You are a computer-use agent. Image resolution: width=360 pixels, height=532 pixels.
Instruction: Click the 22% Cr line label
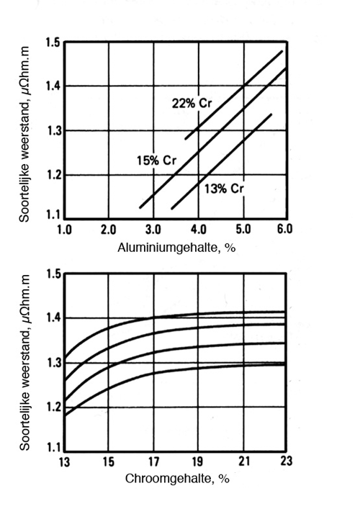192,103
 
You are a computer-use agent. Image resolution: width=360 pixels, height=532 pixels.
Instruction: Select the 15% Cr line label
156,160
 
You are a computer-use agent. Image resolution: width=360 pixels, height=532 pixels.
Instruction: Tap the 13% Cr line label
224,189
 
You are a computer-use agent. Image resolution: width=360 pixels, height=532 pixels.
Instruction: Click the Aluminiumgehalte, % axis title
176,248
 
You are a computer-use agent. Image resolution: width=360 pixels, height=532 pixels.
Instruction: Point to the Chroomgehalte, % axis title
177,479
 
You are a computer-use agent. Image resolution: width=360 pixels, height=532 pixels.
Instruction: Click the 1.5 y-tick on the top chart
53,42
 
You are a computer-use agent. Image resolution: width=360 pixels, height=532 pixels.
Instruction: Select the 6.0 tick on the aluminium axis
284,230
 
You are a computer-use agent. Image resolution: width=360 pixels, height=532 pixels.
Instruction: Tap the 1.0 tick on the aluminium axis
64,230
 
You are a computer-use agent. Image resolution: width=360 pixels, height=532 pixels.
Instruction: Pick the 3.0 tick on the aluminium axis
153,230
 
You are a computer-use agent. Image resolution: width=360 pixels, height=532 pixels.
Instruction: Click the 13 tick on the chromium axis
64,461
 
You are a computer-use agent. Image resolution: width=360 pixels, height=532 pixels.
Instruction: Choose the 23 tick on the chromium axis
286,461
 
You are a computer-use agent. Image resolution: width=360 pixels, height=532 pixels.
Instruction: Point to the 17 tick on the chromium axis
153,461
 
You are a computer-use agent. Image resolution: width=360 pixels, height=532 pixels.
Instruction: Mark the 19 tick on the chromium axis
197,461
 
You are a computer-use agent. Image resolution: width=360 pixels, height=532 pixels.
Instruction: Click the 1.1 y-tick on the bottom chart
53,448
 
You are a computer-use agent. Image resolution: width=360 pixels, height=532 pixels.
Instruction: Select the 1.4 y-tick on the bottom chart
53,318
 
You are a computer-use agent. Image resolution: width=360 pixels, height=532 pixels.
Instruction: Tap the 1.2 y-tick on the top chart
53,175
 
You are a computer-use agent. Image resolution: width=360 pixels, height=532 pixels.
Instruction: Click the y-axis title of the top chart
24,135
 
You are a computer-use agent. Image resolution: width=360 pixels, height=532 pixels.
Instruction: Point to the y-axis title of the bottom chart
24,363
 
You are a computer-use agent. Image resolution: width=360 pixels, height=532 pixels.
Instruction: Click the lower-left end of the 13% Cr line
172,209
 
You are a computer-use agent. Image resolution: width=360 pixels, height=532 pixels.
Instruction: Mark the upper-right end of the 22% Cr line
282,51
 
